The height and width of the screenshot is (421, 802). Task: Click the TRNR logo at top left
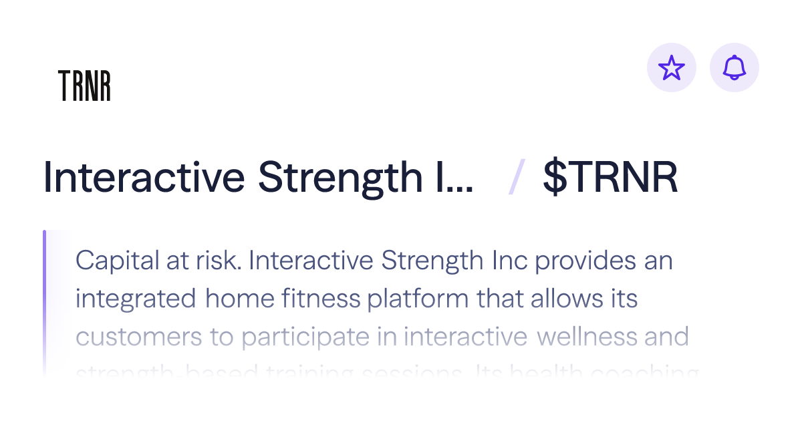[x=84, y=86]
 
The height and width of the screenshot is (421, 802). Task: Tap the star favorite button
[x=672, y=67]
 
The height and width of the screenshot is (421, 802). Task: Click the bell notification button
[x=734, y=67]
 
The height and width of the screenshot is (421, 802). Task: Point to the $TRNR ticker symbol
[x=610, y=178]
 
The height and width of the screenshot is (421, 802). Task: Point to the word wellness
[x=586, y=337]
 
